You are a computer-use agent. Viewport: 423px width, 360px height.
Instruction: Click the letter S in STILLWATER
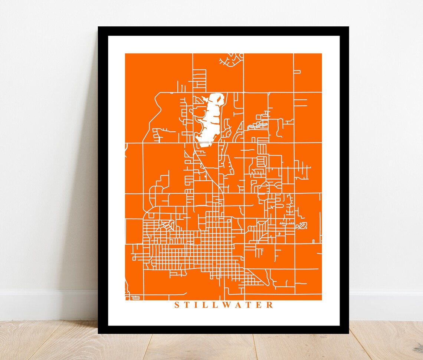(x=177, y=305)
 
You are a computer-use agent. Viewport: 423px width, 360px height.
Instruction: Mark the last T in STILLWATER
(x=249, y=305)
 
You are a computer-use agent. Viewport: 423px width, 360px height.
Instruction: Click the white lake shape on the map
(x=210, y=119)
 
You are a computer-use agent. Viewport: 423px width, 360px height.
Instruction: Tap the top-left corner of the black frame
(x=99, y=27)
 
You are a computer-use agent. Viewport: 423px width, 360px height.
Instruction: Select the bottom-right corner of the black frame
(x=348, y=333)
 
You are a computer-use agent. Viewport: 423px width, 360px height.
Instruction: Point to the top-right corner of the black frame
(x=348, y=27)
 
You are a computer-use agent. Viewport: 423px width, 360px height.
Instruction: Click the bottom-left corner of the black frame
(x=99, y=333)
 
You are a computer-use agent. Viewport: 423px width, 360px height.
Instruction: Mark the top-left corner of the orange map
(x=126, y=54)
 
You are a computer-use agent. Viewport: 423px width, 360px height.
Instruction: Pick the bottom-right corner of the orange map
(x=321, y=300)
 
